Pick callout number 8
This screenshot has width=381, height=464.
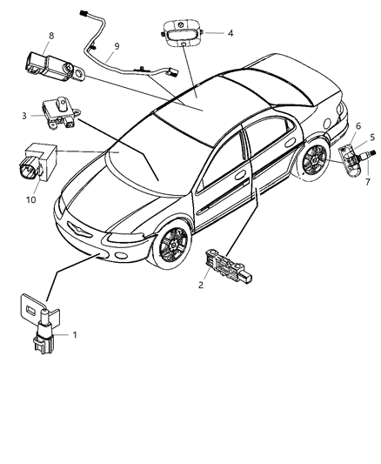click(x=51, y=35)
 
